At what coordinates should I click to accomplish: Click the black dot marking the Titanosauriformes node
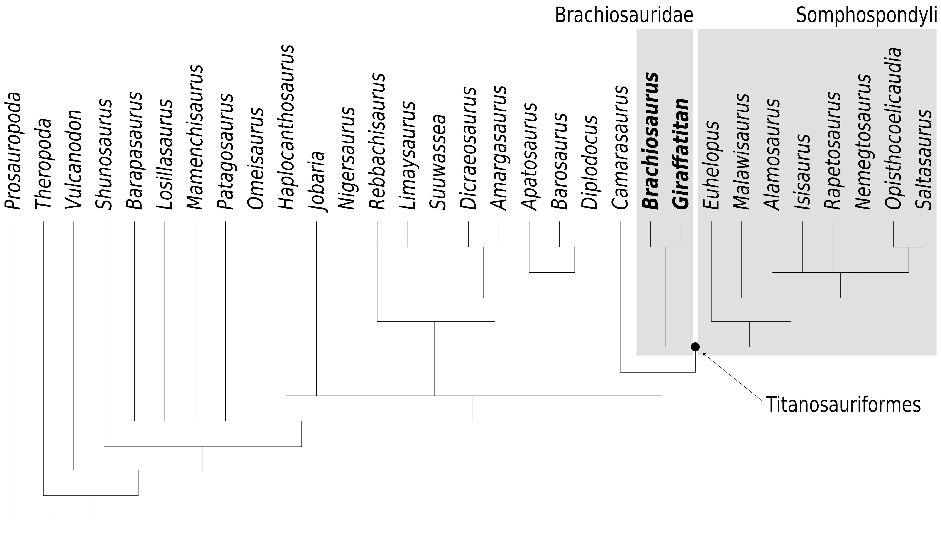pos(695,347)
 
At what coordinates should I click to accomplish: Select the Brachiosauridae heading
pos(624,16)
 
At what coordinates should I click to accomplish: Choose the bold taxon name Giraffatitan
pos(680,154)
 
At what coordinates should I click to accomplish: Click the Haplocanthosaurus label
pos(286,127)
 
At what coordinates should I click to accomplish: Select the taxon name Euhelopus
pos(711,165)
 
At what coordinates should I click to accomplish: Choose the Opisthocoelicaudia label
pos(893,128)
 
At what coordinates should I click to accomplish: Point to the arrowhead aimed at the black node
pos(704,354)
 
